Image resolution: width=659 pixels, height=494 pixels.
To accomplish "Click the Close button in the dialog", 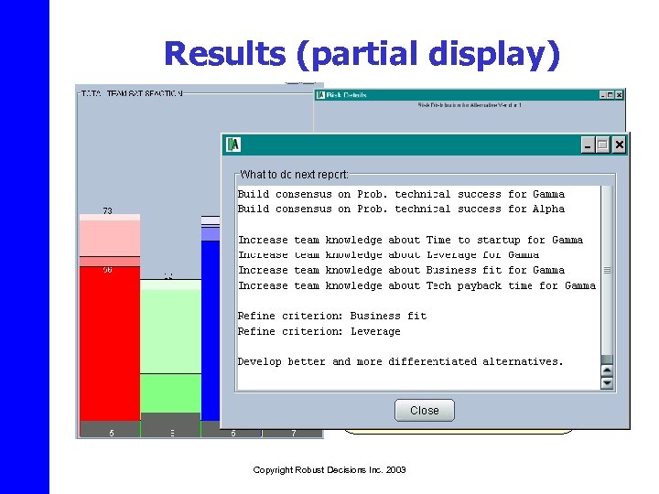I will point(424,411).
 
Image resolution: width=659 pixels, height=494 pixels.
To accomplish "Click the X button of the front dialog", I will point(620,145).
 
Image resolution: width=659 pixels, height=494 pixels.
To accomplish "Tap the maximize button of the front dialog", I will point(602,145).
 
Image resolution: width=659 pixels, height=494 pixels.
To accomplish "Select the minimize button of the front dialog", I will point(587,145).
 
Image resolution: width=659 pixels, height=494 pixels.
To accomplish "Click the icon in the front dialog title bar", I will point(233,145).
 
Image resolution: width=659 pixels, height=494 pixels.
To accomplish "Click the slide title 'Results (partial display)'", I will point(361,54).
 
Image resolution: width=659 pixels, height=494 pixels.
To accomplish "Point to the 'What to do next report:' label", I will point(294,174).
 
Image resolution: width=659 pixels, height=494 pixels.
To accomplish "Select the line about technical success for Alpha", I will point(401,209).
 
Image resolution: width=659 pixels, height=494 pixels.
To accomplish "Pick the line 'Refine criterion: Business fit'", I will point(331,316).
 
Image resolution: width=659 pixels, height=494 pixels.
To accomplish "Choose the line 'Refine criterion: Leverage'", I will point(319,331).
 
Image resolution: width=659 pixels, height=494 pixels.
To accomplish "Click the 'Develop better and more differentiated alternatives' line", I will point(400,361).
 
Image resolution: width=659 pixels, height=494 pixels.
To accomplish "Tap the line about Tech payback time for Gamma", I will point(416,285).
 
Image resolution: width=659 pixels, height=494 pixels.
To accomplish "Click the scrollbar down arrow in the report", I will point(607,384).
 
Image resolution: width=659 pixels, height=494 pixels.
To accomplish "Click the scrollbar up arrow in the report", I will point(607,370).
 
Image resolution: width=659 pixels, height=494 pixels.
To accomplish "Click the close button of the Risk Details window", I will point(620,94).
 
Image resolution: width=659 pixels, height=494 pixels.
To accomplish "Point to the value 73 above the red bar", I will point(107,210).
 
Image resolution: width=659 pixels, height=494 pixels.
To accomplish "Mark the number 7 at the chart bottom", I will point(293,433).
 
